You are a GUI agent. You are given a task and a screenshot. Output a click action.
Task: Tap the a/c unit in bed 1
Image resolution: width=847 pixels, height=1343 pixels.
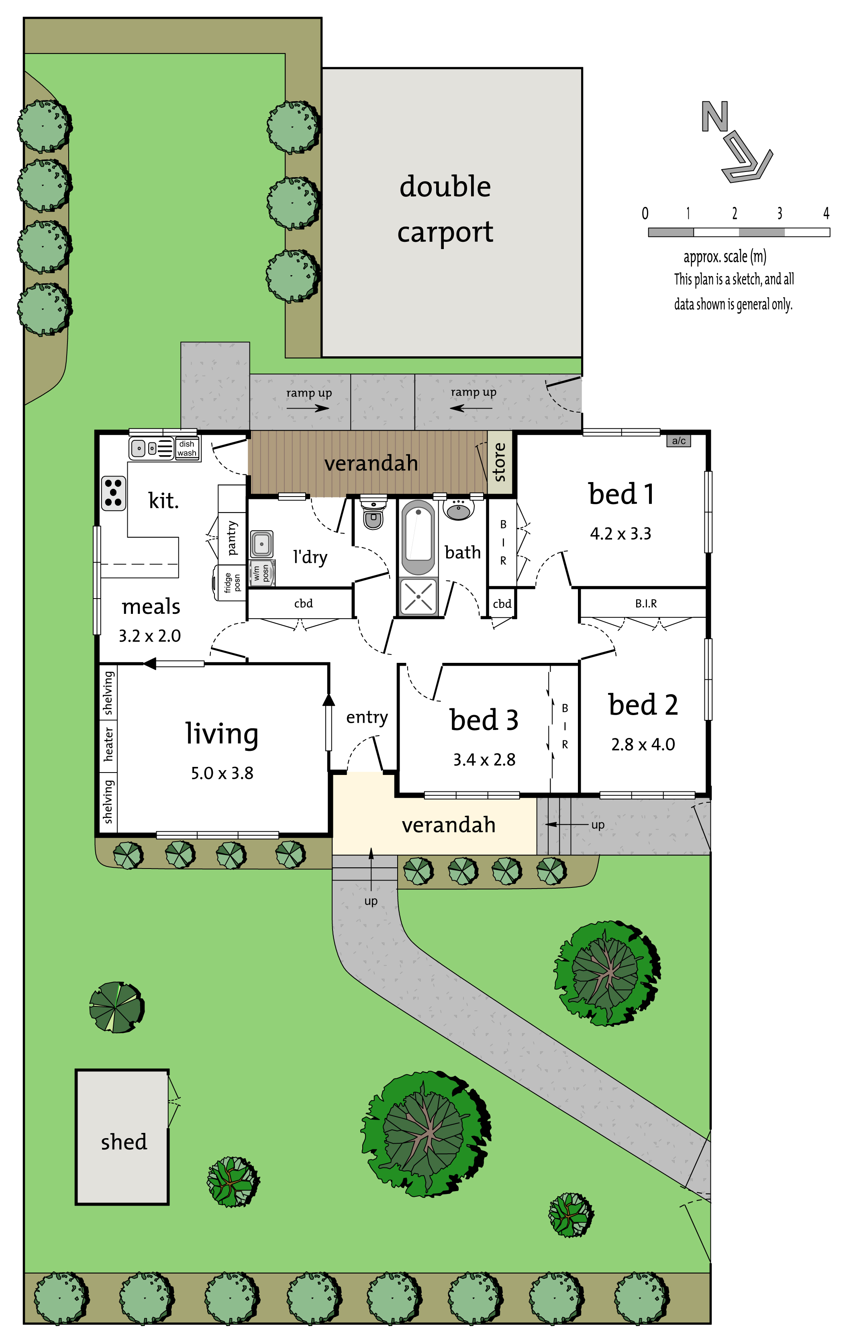click(x=679, y=441)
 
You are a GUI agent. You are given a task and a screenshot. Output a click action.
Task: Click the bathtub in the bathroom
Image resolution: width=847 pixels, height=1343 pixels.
click(x=418, y=538)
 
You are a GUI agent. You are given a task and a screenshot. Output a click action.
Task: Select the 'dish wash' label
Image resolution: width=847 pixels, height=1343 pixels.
click(x=187, y=448)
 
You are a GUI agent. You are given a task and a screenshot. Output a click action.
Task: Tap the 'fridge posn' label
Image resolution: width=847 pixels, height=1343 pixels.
click(x=232, y=582)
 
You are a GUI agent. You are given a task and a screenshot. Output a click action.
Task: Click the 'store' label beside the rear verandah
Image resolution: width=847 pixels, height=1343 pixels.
click(x=500, y=462)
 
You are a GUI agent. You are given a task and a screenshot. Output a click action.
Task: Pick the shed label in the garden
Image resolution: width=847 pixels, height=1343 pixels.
click(x=124, y=1142)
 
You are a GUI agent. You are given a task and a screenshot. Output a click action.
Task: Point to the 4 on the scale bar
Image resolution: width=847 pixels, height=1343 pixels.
click(x=827, y=213)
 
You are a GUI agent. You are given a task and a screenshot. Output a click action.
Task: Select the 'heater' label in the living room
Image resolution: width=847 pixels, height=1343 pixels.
click(x=108, y=744)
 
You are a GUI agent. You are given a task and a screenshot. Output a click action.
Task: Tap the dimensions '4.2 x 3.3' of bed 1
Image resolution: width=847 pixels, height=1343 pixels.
click(x=620, y=534)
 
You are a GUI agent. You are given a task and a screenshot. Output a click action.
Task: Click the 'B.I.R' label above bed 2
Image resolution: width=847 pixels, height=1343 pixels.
click(x=646, y=603)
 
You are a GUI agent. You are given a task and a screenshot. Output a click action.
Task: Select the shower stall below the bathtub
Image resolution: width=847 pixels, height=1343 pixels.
click(x=418, y=597)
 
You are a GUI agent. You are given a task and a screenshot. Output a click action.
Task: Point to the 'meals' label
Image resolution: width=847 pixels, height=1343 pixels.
click(x=151, y=606)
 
